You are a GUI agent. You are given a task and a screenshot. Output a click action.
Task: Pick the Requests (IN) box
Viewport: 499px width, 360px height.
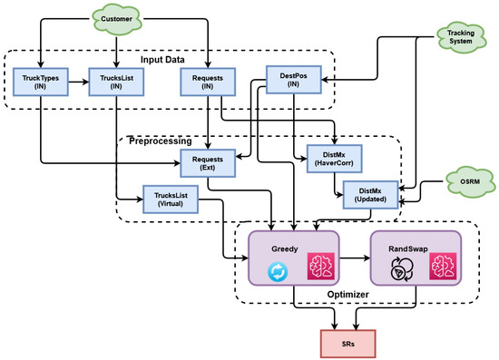pos(209,83)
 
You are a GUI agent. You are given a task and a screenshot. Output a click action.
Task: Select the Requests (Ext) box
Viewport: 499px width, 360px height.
pos(209,162)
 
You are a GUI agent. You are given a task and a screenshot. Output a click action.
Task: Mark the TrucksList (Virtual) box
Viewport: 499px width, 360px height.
pos(171,199)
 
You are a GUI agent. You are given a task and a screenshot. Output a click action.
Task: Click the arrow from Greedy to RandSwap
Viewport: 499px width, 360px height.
pos(355,257)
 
